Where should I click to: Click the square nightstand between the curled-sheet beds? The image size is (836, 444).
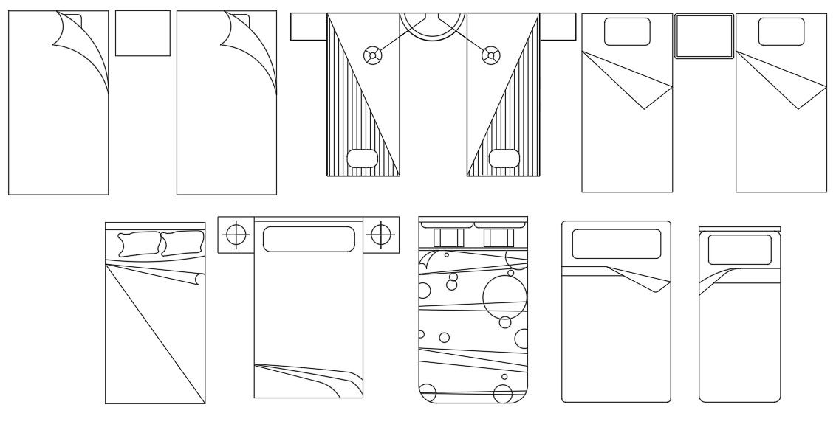pyautogui.click(x=143, y=33)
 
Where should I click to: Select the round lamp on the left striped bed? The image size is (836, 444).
pyautogui.click(x=374, y=54)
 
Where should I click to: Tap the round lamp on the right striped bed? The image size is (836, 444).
pyautogui.click(x=488, y=54)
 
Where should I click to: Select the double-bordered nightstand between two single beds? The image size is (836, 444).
pyautogui.click(x=705, y=35)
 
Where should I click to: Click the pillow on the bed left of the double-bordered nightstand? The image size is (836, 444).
pyautogui.click(x=627, y=32)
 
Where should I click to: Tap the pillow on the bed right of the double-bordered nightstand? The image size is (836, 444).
pyautogui.click(x=781, y=32)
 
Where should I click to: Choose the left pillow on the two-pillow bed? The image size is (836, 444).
pyautogui.click(x=139, y=244)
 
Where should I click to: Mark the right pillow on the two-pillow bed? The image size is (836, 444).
pyautogui.click(x=182, y=243)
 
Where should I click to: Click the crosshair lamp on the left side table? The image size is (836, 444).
pyautogui.click(x=236, y=235)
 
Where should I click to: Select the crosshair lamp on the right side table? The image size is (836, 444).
pyautogui.click(x=380, y=235)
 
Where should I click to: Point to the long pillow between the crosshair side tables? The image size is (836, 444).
pyautogui.click(x=308, y=239)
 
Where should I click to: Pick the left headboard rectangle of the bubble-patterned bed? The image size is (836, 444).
pyautogui.click(x=448, y=237)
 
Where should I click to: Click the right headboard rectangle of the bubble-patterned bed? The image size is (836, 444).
pyautogui.click(x=499, y=237)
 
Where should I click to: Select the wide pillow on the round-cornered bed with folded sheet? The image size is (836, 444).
pyautogui.click(x=616, y=244)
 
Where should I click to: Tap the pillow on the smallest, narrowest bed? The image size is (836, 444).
pyautogui.click(x=739, y=249)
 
